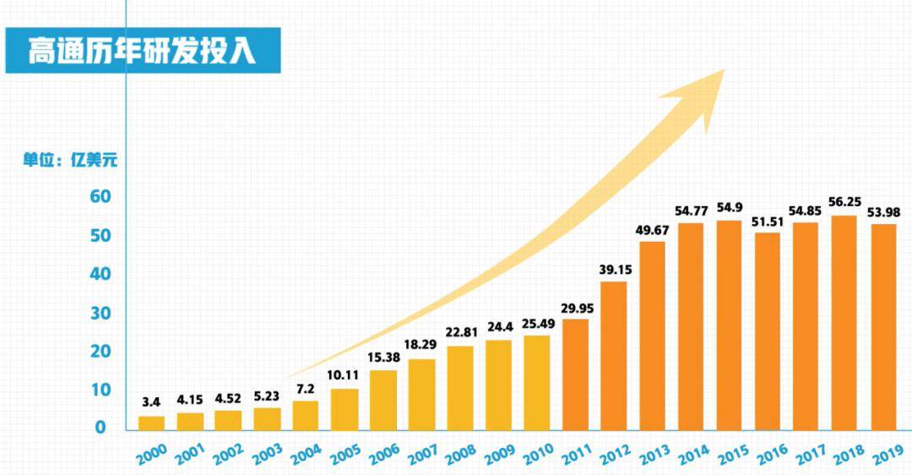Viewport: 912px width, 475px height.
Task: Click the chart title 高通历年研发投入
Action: tap(142, 50)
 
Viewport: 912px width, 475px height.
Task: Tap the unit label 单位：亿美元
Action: tap(70, 160)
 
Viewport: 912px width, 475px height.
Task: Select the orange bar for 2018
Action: tap(844, 323)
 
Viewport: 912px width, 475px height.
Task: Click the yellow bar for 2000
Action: tap(151, 423)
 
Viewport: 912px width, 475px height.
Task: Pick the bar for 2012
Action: tap(614, 357)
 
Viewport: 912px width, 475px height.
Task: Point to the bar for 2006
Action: tap(383, 401)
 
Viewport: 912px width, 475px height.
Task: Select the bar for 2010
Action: tap(537, 383)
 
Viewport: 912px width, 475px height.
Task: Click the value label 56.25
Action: tap(844, 202)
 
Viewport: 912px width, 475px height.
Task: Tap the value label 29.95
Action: tap(577, 308)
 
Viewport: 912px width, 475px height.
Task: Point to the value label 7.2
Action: tap(305, 390)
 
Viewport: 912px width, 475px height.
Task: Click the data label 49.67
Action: tap(652, 230)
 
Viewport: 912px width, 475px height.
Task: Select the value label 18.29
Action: tap(420, 345)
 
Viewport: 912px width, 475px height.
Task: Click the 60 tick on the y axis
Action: tap(100, 197)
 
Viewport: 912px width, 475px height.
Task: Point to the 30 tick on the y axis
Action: tap(100, 314)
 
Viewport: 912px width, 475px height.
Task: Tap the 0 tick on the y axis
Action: tap(100, 428)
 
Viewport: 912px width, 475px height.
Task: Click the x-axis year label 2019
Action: tap(888, 454)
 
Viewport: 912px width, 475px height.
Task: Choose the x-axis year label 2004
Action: tap(306, 454)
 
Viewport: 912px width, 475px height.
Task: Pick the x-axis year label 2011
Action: tap(577, 454)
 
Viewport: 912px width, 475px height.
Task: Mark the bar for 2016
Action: tap(767, 332)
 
